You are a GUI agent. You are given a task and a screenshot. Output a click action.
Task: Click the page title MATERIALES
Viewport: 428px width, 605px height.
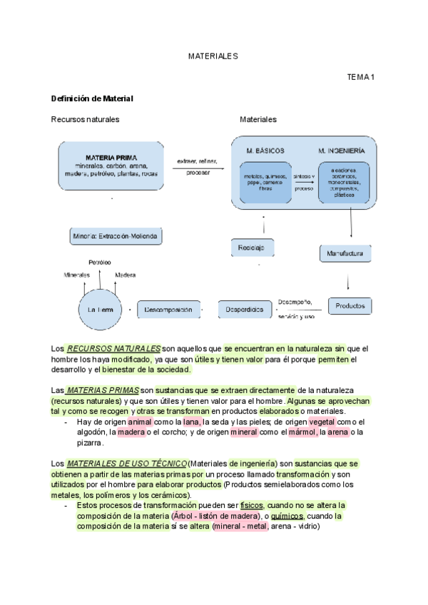(213, 55)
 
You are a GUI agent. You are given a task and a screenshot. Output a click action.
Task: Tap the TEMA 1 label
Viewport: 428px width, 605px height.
(361, 76)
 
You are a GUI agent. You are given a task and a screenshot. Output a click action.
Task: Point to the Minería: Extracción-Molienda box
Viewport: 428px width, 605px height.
(116, 235)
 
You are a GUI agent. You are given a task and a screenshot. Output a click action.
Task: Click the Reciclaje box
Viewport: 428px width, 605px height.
(252, 248)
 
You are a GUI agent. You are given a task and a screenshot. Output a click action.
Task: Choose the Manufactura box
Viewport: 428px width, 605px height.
(345, 253)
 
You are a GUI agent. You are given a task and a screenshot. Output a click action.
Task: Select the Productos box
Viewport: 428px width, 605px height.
(350, 305)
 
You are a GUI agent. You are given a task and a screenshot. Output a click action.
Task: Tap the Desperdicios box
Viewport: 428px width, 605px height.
(245, 310)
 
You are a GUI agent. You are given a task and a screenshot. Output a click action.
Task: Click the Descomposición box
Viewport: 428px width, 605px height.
(169, 310)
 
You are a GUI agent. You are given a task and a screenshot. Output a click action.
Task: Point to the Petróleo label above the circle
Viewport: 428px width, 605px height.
(99, 263)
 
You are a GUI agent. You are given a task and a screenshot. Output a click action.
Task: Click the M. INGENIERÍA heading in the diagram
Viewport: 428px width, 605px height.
(342, 151)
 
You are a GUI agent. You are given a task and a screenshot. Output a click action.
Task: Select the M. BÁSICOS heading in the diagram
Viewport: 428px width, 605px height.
(265, 151)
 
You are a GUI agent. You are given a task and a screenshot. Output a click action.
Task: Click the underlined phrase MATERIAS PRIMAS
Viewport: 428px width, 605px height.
(103, 390)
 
